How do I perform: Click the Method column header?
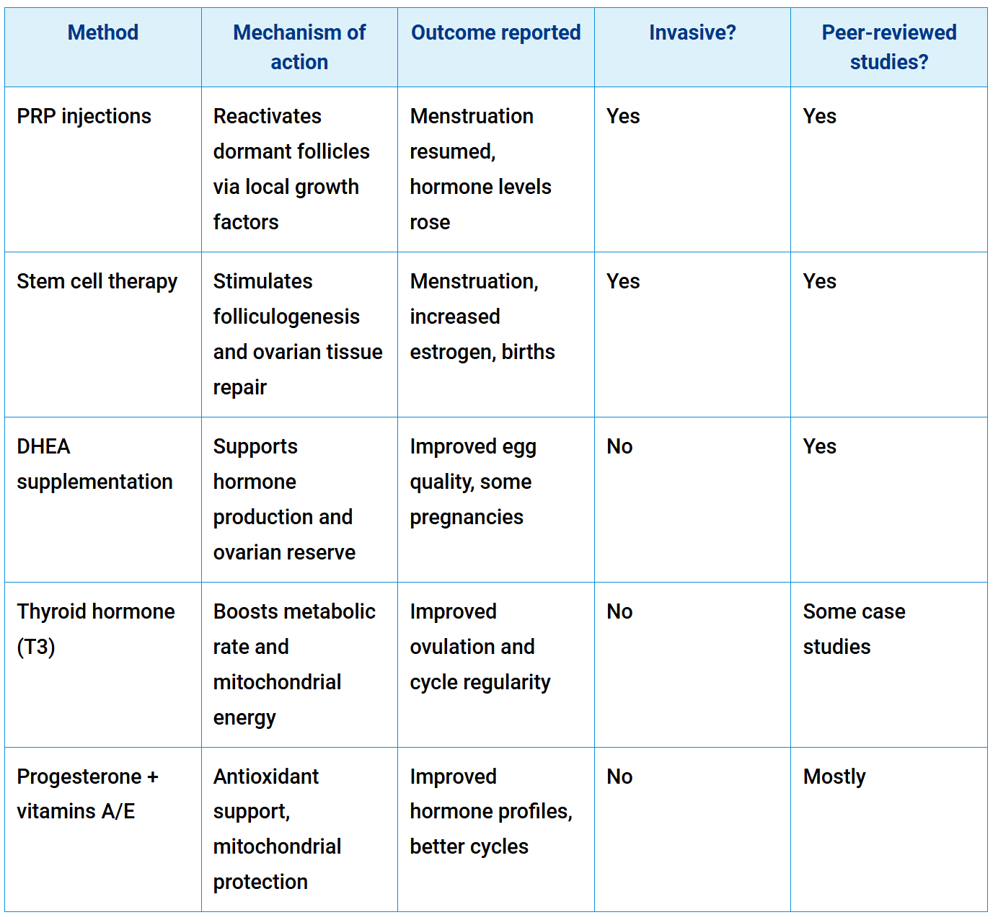click(x=102, y=33)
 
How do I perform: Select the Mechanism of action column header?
click(x=299, y=48)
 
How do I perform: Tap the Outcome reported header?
click(x=495, y=33)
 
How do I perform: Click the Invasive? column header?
click(x=692, y=33)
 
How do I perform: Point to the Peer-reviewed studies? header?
click(x=888, y=48)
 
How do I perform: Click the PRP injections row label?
click(x=84, y=117)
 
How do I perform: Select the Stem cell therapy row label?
click(x=97, y=282)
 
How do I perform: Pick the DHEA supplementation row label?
click(x=94, y=464)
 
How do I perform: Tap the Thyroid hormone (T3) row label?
click(x=95, y=629)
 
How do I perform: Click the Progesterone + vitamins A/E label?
click(x=87, y=794)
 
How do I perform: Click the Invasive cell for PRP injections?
click(x=623, y=117)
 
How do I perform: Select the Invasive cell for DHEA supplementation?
click(x=619, y=447)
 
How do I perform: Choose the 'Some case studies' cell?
click(x=854, y=629)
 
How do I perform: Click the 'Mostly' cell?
click(x=834, y=777)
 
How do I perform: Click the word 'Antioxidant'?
click(x=266, y=777)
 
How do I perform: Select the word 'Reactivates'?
click(x=267, y=117)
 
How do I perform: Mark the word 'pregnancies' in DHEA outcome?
click(x=467, y=518)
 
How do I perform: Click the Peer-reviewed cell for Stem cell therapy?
click(x=820, y=282)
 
